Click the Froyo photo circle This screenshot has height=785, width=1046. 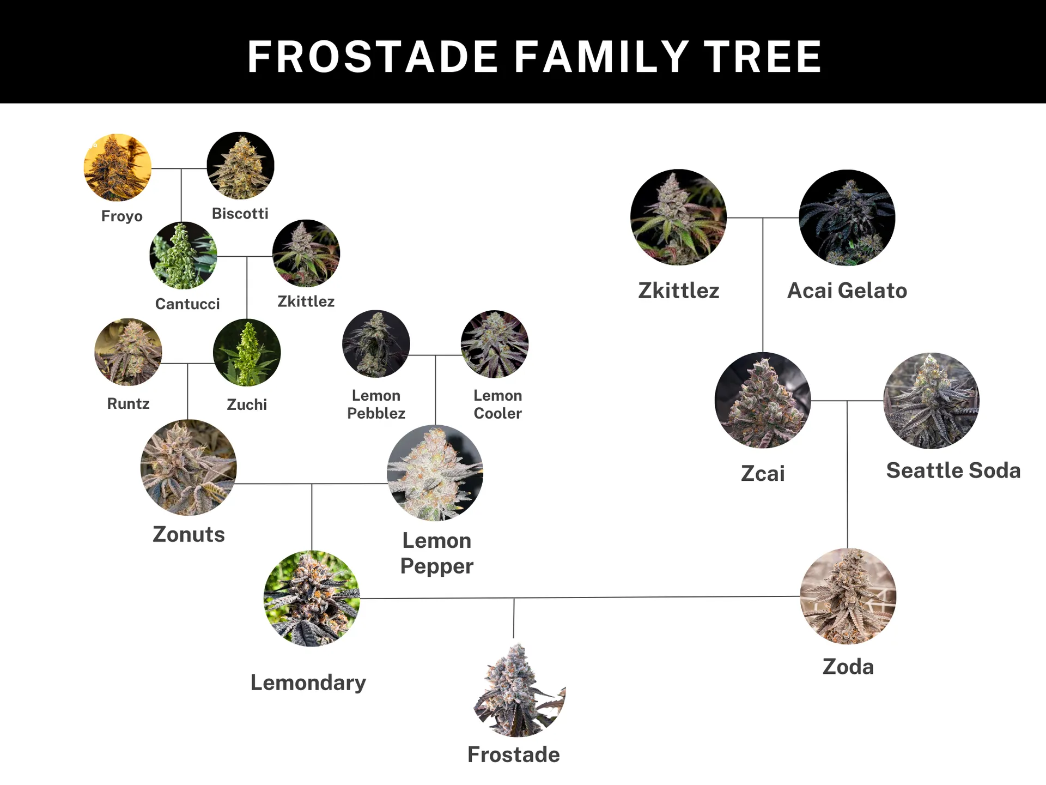tap(117, 167)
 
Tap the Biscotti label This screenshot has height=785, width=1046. tap(240, 214)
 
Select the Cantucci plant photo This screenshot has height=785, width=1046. tap(183, 255)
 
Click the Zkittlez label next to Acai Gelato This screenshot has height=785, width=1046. tap(679, 291)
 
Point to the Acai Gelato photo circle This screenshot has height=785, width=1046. tap(847, 218)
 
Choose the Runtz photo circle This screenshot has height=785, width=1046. tap(128, 352)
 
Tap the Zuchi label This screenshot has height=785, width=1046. tap(247, 404)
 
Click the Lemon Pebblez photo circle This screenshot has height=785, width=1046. tap(376, 343)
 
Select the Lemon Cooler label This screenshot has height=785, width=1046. tap(498, 404)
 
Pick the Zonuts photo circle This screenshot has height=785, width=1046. tap(188, 467)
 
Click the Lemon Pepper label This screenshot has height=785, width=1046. tap(437, 553)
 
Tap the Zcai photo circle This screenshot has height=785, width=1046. tap(763, 400)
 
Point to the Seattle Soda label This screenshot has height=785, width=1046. tap(953, 470)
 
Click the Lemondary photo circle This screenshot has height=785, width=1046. tap(312, 599)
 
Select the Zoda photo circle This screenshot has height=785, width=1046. tap(848, 596)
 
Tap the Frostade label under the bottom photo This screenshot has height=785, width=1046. tap(514, 754)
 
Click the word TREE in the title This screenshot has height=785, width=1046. tap(763, 57)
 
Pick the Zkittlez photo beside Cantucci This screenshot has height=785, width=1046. tap(306, 253)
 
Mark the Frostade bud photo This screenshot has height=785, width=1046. tap(519, 690)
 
